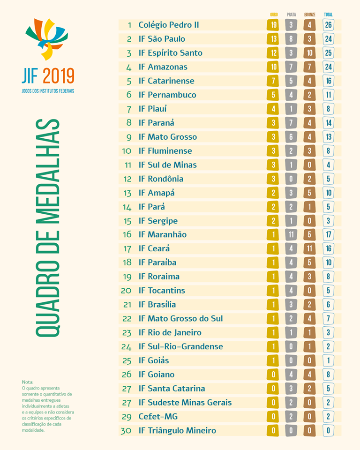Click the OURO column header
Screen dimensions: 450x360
pyautogui.click(x=274, y=15)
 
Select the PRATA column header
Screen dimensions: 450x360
pyautogui.click(x=291, y=15)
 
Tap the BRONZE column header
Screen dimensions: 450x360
pyautogui.click(x=309, y=15)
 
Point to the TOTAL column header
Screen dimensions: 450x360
pyautogui.click(x=328, y=15)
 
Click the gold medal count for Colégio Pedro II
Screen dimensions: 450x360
pyautogui.click(x=274, y=25)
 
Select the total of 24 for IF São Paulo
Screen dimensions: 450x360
pyautogui.click(x=329, y=39)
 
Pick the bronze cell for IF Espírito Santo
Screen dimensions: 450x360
pyautogui.click(x=309, y=53)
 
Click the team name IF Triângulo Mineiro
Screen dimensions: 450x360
pyautogui.click(x=177, y=431)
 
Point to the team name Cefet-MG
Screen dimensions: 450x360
pyautogui.click(x=158, y=417)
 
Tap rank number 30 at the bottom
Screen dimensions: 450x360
pyautogui.click(x=126, y=431)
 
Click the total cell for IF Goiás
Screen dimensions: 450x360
pyautogui.click(x=329, y=360)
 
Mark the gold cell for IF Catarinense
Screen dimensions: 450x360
pyautogui.click(x=274, y=81)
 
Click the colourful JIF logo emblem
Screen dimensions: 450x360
pyautogui.click(x=46, y=39)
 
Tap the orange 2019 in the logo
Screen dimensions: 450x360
pyautogui.click(x=58, y=76)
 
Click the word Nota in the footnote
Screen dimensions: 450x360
pyautogui.click(x=28, y=382)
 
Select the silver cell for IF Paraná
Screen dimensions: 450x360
pyautogui.click(x=291, y=123)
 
